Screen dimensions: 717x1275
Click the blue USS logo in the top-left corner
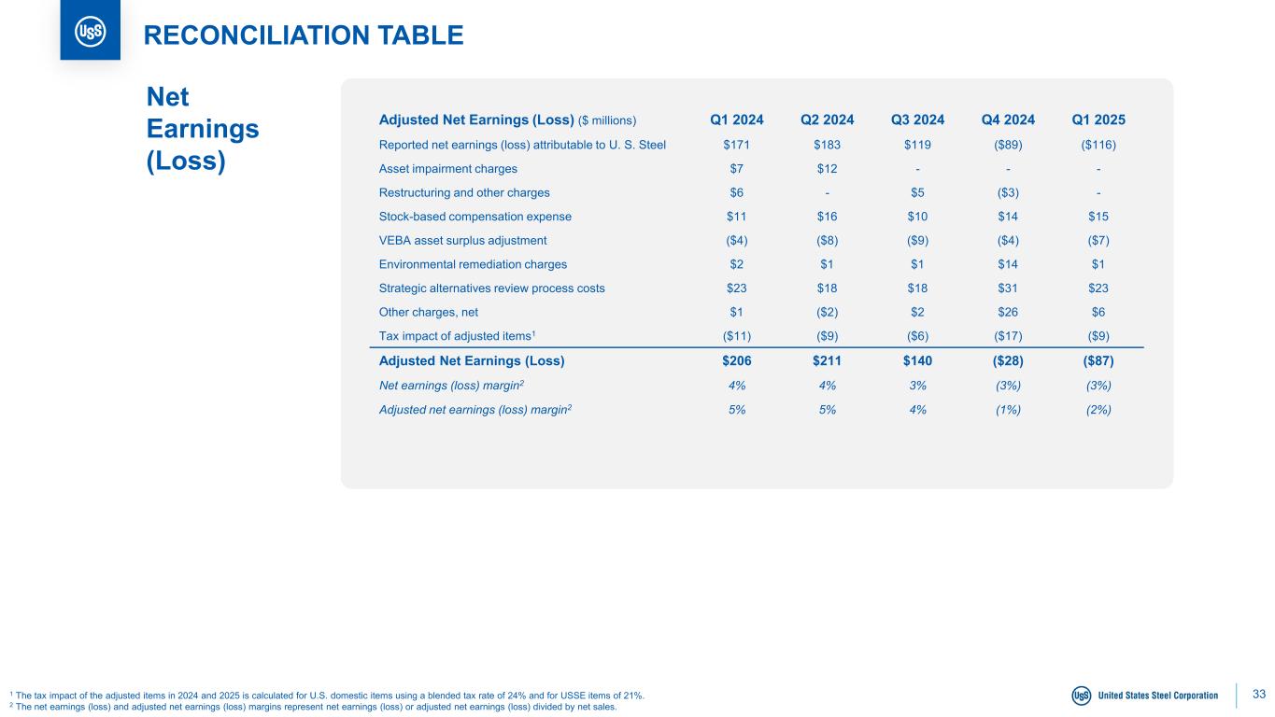tap(90, 32)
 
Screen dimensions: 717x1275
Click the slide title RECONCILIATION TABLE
tap(303, 35)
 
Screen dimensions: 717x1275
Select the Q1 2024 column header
tap(736, 119)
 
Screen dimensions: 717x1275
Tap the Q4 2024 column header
tap(1008, 119)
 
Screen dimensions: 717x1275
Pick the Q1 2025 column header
tap(1098, 119)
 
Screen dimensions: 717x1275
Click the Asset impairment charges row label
tap(447, 169)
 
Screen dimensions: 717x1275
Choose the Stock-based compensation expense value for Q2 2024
tap(827, 217)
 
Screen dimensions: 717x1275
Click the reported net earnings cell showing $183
tap(827, 145)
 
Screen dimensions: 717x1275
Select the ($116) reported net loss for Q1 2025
tap(1098, 145)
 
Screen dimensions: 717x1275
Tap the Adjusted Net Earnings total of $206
tap(736, 360)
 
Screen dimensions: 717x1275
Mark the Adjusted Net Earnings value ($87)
tap(1098, 360)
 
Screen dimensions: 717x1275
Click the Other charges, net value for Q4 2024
tap(1008, 312)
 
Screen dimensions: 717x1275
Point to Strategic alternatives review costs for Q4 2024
tap(1008, 288)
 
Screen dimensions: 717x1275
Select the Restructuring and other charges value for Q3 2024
tap(917, 192)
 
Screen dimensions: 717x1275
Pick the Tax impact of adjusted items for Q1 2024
tap(736, 336)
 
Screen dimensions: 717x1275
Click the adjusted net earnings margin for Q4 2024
tap(1008, 409)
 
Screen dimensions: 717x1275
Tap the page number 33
tap(1258, 694)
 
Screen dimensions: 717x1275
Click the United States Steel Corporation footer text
tap(1158, 696)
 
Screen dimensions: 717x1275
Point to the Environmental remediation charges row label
tap(473, 264)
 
